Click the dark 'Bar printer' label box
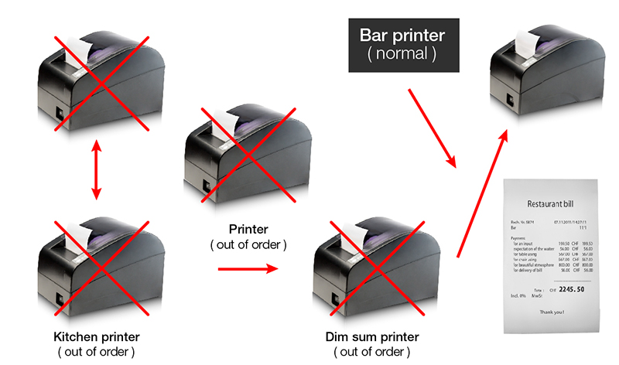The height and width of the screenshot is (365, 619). click(402, 45)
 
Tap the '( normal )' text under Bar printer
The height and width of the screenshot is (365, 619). click(402, 55)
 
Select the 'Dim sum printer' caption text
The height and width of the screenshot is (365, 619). click(371, 338)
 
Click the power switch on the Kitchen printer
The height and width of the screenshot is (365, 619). click(60, 295)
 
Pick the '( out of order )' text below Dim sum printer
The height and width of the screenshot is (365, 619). click(371, 353)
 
